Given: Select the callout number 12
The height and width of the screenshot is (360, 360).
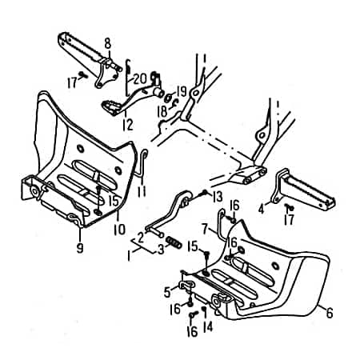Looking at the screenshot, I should pyautogui.click(x=128, y=124).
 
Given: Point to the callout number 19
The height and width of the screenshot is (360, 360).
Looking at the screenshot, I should pyautogui.click(x=182, y=90).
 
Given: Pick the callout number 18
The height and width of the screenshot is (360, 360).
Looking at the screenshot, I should pyautogui.click(x=163, y=111).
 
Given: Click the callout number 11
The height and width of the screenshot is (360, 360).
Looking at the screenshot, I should pyautogui.click(x=141, y=193).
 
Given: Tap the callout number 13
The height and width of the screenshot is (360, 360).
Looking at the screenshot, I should pyautogui.click(x=217, y=196).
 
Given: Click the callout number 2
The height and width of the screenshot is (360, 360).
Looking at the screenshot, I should pyautogui.click(x=140, y=236).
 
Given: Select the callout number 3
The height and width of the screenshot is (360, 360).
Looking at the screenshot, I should pyautogui.click(x=162, y=250).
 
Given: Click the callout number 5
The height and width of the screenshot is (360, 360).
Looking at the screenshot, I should pyautogui.click(x=166, y=290).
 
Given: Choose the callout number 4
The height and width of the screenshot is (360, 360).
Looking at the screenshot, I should pyautogui.click(x=261, y=210).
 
